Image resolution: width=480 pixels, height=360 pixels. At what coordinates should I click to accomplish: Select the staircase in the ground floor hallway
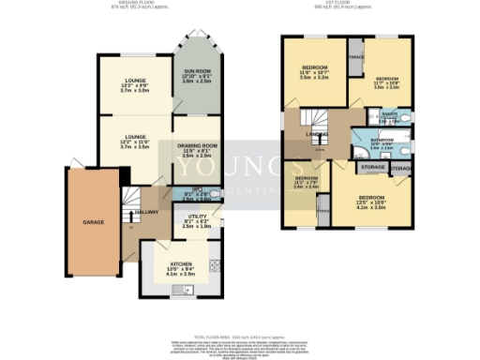[131, 199]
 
